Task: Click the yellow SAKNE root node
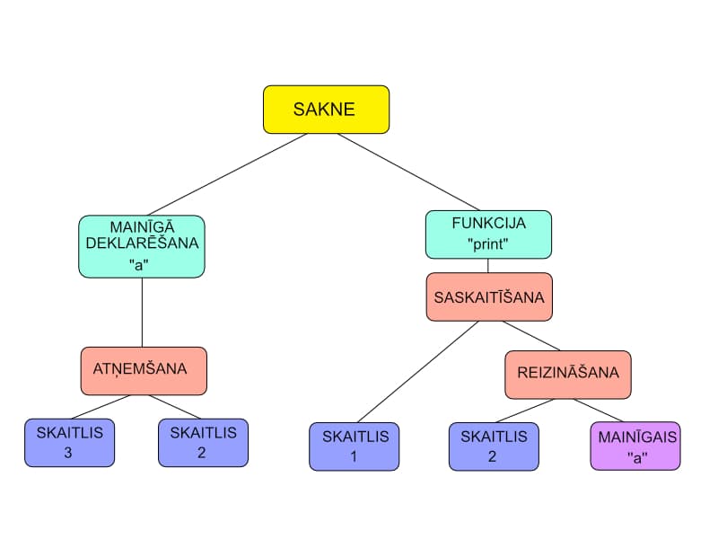(x=326, y=110)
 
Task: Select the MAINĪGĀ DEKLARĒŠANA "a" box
(x=142, y=246)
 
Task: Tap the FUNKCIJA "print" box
(x=488, y=234)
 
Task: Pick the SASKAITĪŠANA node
(x=488, y=296)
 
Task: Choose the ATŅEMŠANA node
(x=144, y=370)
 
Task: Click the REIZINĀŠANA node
(x=568, y=375)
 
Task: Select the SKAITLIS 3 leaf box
(x=69, y=443)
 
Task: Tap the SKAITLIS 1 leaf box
(x=354, y=446)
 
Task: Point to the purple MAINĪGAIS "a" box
(x=635, y=446)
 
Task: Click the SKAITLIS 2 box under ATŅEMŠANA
(x=203, y=443)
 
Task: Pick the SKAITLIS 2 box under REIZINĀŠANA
(x=494, y=446)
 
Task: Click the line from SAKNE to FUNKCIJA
(x=408, y=172)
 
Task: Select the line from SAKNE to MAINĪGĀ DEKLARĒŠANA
(x=229, y=174)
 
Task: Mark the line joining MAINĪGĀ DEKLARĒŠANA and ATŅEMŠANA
(x=143, y=312)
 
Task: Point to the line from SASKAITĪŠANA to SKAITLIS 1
(x=416, y=372)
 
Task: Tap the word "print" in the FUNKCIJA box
(x=488, y=243)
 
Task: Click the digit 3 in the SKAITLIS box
(x=69, y=452)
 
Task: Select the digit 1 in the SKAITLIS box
(x=354, y=455)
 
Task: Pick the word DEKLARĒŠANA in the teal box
(x=142, y=243)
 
